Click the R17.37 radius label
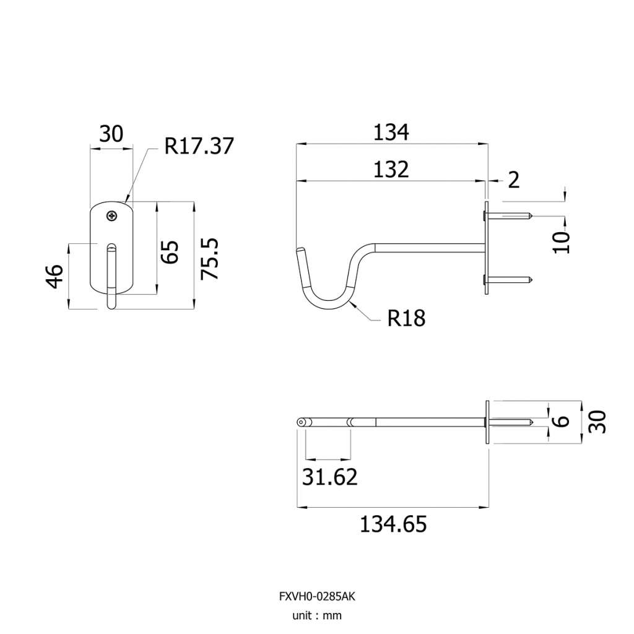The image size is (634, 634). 199,146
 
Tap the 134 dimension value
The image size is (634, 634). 391,132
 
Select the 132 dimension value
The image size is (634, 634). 391,170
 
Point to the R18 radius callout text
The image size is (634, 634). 406,318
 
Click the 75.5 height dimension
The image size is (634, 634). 210,259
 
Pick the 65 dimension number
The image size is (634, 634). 170,253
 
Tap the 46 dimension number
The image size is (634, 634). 55,276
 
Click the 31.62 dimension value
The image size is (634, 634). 330,477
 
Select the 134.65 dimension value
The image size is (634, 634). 393,524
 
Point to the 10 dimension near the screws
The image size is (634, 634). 561,242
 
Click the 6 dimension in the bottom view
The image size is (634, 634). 561,421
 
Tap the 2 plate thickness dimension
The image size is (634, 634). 513,180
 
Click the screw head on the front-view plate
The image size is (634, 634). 111,216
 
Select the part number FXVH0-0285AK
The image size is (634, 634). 317,596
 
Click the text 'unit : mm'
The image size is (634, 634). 317,615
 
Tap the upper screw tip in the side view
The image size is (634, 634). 532,216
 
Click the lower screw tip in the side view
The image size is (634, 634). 532,279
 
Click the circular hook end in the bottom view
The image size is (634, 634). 301,422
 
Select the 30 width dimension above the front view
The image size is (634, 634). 111,134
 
